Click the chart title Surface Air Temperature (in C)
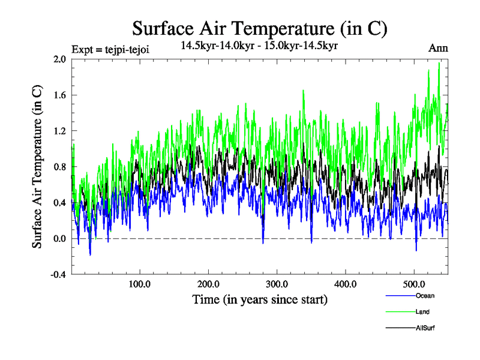(259, 28)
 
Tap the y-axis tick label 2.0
(61, 59)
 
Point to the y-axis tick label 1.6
(61, 95)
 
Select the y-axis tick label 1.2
(61, 131)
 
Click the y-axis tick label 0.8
(61, 167)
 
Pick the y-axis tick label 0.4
(61, 203)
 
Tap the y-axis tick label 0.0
(61, 239)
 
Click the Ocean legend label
(425, 296)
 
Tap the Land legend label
(422, 312)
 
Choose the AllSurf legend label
(425, 328)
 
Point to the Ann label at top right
(438, 48)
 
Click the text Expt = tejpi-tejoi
(110, 49)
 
